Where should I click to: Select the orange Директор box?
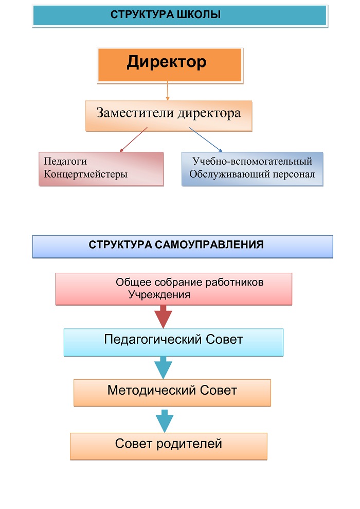(x=170, y=65)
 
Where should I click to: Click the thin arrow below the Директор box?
(x=168, y=91)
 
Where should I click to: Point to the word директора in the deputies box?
(x=210, y=113)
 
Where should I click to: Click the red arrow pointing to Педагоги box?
(x=133, y=139)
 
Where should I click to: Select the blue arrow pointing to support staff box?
(x=206, y=139)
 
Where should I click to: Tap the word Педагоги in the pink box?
(x=65, y=161)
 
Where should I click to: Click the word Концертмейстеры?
(x=85, y=174)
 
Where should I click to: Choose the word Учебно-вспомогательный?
(x=253, y=161)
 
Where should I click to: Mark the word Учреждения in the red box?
(x=159, y=295)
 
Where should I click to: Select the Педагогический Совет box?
(x=173, y=342)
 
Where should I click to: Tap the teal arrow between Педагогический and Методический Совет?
(x=163, y=367)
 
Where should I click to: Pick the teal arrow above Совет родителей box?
(x=165, y=421)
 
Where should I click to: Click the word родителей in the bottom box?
(x=189, y=444)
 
